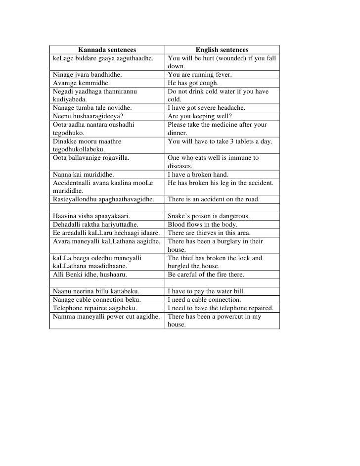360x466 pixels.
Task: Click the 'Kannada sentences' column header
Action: click(x=107, y=50)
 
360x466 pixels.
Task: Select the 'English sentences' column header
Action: click(x=222, y=50)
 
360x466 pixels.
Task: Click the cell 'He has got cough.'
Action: click(x=193, y=83)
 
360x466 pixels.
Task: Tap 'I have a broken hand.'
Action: click(x=199, y=175)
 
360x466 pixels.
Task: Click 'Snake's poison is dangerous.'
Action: click(x=209, y=216)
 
